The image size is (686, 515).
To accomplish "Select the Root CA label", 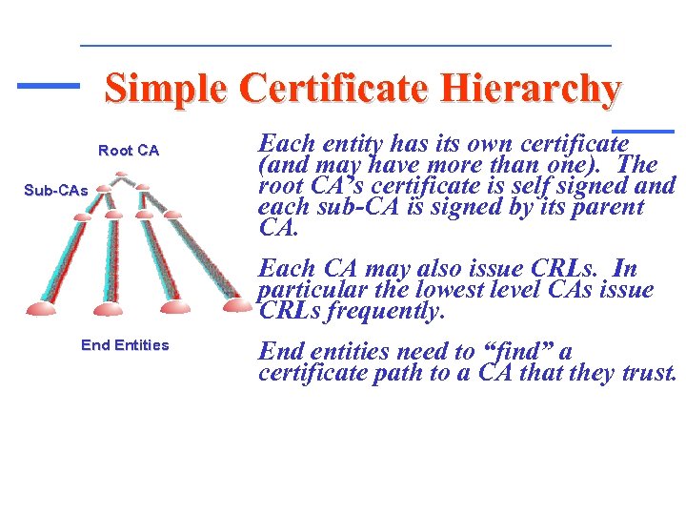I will tap(129, 151).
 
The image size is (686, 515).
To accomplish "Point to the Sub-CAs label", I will tap(55, 191).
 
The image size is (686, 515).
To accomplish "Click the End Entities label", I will tap(125, 345).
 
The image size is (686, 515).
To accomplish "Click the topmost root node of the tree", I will tap(121, 176).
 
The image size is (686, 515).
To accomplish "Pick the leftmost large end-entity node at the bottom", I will tap(43, 306).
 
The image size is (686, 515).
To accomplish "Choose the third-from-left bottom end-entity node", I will tap(175, 306).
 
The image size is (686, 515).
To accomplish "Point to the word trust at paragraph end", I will tap(647, 373).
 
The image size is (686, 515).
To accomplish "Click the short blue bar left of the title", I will tap(49, 85).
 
